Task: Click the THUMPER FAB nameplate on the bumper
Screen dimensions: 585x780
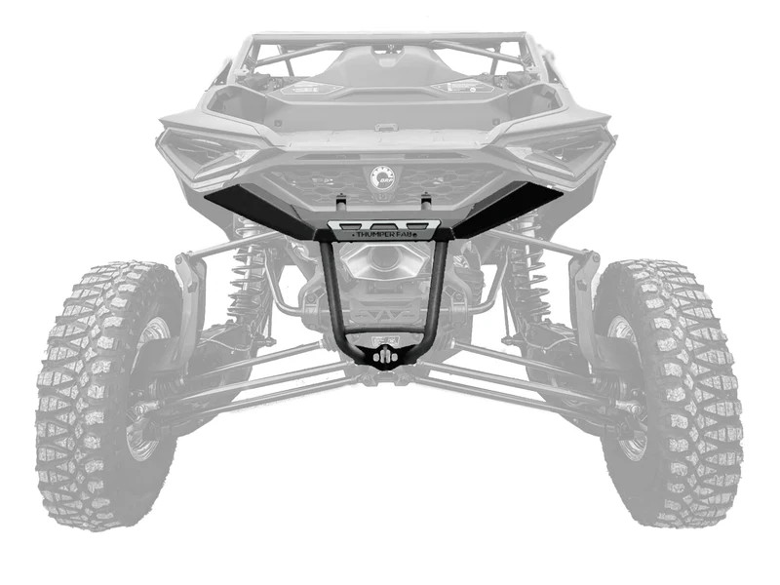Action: coord(383,233)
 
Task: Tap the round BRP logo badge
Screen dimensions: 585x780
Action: coord(382,178)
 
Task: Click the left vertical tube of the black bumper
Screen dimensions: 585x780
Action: coord(331,292)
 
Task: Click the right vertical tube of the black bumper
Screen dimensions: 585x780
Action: coord(441,292)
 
